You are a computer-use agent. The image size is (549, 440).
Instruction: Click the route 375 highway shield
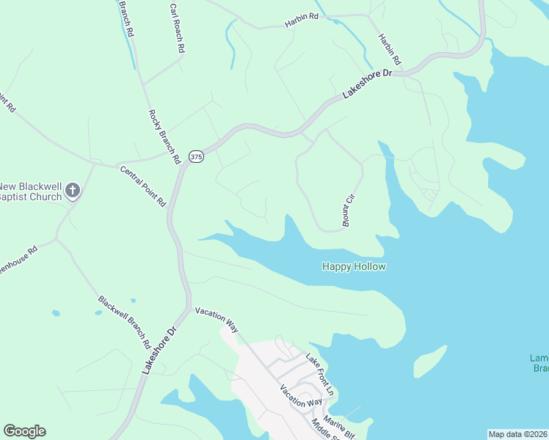(195, 157)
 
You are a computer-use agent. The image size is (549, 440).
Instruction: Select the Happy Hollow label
(354, 266)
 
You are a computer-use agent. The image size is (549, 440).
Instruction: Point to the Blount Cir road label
(349, 210)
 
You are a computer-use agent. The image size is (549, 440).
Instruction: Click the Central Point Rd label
(143, 186)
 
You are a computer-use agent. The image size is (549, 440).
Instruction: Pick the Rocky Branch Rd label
(164, 136)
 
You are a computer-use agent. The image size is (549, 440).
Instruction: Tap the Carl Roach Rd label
(175, 29)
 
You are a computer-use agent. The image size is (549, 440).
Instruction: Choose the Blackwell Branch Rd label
(124, 322)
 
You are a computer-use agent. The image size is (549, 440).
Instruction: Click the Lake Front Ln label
(320, 376)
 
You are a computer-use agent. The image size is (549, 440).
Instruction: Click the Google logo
(24, 431)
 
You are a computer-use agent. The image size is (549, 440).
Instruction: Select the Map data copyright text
(518, 434)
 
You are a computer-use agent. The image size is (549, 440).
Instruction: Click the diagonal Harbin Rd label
(390, 48)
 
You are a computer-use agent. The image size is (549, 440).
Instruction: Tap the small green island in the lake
(430, 359)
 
